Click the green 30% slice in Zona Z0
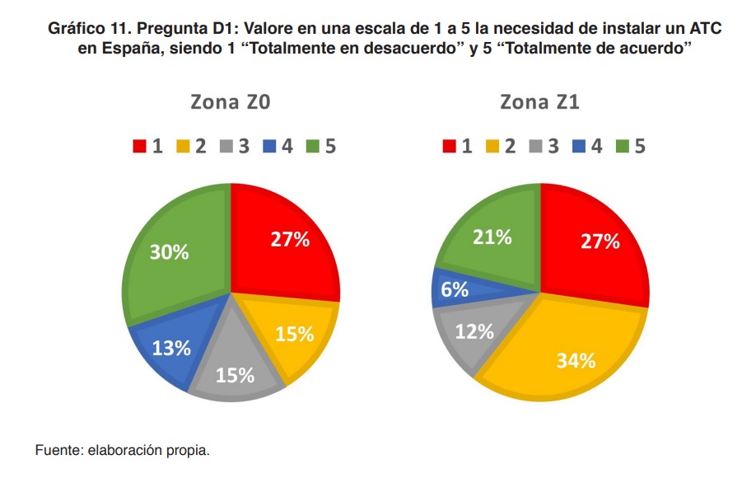[x=173, y=251]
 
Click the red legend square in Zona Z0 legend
[x=140, y=147]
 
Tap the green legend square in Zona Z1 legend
[x=621, y=147]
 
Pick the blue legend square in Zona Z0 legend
[x=269, y=147]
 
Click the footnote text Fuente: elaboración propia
[x=123, y=451]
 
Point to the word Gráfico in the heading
[x=76, y=28]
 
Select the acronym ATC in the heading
[x=703, y=28]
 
